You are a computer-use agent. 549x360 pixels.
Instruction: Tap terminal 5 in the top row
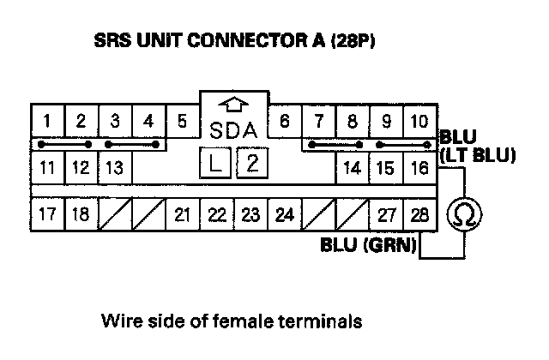point(182,122)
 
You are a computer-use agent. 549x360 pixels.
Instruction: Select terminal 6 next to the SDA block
point(284,122)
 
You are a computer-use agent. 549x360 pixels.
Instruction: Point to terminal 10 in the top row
point(419,122)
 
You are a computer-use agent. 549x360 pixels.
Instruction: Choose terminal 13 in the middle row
point(115,167)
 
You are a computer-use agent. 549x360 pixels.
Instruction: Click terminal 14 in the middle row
point(352,167)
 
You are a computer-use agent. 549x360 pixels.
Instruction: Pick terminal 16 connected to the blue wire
point(419,167)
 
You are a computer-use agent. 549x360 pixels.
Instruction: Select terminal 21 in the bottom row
point(182,213)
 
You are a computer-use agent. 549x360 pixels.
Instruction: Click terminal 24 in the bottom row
point(284,213)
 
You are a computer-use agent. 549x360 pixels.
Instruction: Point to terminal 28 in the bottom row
point(419,213)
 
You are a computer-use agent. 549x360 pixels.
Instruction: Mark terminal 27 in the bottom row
point(385,213)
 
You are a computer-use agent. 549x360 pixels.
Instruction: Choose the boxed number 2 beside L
point(250,163)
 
